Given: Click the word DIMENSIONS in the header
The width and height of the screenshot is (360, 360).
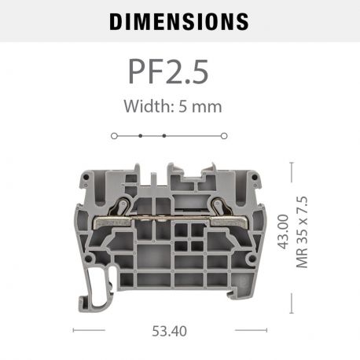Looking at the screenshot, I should (179, 21).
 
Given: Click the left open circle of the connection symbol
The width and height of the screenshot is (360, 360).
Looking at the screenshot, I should (115, 136).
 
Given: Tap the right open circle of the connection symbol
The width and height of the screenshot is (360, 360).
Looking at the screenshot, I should (223, 136).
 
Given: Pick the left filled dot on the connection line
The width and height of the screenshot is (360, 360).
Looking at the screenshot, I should (140, 136).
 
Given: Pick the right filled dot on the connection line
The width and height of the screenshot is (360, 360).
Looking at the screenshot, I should (163, 136).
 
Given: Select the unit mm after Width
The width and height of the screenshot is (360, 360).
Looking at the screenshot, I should (209, 105).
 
